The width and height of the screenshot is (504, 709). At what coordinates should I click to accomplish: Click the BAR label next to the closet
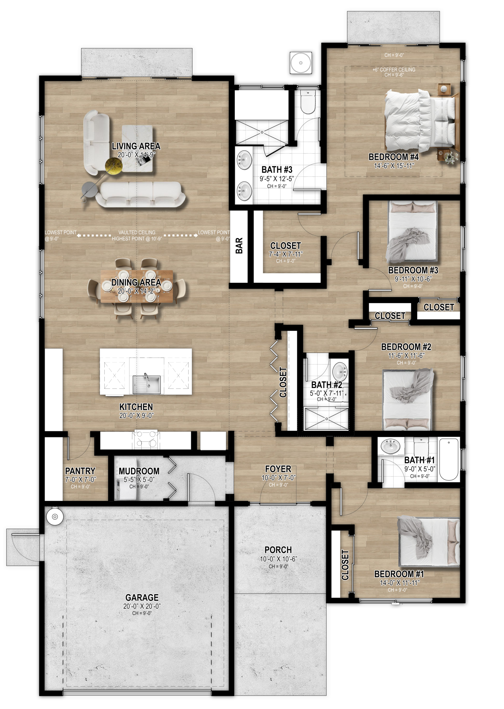[239, 245]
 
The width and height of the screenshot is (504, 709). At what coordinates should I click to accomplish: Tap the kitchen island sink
[147, 384]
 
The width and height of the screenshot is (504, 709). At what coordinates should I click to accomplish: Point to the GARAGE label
[142, 597]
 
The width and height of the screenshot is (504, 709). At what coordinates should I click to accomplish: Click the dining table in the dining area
[137, 286]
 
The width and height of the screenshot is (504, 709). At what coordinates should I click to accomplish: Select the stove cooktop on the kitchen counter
[145, 440]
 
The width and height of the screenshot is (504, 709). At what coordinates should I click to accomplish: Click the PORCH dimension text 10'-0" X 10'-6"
[278, 559]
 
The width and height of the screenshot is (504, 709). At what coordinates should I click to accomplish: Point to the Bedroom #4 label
[394, 157]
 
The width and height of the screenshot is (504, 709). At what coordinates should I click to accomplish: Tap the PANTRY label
[80, 471]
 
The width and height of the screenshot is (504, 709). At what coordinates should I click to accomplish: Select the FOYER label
[278, 469]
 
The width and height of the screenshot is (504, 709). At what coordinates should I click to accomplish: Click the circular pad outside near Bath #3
[300, 63]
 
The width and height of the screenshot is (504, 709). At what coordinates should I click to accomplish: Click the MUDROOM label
[139, 471]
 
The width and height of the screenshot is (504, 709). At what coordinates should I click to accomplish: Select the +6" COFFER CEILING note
[394, 70]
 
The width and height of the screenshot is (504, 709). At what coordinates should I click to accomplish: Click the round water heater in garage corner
[55, 516]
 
